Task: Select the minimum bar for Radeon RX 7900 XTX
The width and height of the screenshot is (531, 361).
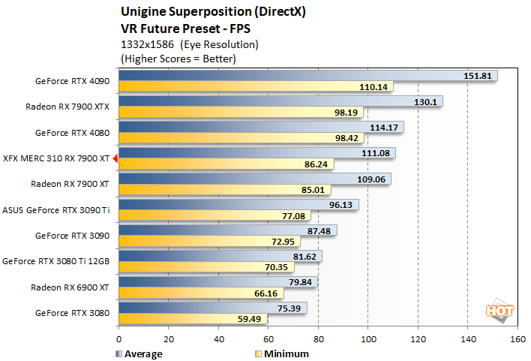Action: click(x=240, y=112)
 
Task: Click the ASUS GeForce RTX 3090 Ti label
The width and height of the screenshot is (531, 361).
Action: click(x=56, y=209)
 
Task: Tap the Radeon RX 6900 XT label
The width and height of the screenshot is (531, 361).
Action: click(x=70, y=287)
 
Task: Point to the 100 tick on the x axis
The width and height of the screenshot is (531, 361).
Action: click(x=368, y=339)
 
